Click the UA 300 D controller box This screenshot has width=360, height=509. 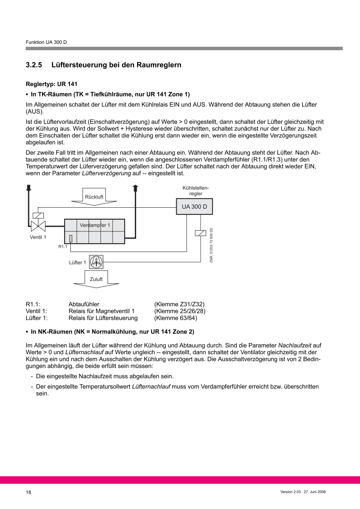click(x=194, y=206)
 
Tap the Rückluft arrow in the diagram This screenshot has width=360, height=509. click(x=94, y=197)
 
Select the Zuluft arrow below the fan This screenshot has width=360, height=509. click(x=96, y=279)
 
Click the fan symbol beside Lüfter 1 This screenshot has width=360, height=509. click(x=96, y=262)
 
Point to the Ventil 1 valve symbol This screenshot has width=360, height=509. click(x=38, y=226)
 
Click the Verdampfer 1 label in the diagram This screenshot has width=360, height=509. click(x=95, y=225)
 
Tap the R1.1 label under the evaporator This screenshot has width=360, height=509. click(x=62, y=247)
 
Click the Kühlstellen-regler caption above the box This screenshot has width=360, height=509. click(x=195, y=191)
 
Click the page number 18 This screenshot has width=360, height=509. click(x=29, y=492)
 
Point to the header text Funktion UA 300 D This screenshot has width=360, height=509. click(x=46, y=43)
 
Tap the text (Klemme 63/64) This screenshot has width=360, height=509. click(x=175, y=318)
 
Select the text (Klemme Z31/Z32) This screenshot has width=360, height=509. click(x=179, y=304)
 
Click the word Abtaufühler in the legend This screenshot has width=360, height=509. click(x=84, y=304)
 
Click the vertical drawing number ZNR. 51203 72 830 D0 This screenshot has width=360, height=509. click(x=211, y=245)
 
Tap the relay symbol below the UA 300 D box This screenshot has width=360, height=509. click(x=200, y=233)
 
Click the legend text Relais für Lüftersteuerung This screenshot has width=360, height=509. click(x=103, y=318)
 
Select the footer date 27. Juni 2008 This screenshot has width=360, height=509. click(x=315, y=492)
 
